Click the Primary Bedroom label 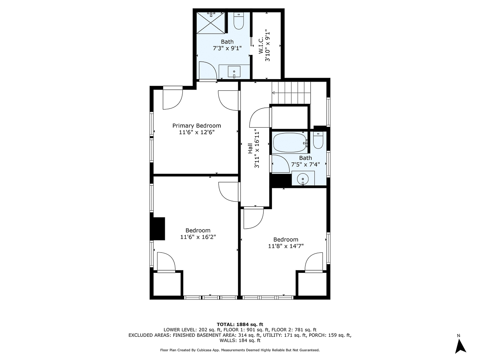[196, 126]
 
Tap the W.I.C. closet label [260, 46]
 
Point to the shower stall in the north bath [211, 22]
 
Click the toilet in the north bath [239, 22]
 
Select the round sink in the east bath [303, 178]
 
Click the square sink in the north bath [234, 72]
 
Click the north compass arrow [461, 345]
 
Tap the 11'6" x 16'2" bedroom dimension [198, 237]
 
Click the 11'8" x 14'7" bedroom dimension [286, 246]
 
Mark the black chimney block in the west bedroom [159, 229]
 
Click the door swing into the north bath [208, 70]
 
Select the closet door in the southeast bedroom [314, 262]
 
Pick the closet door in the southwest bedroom [166, 262]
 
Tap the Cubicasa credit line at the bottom [240, 350]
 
